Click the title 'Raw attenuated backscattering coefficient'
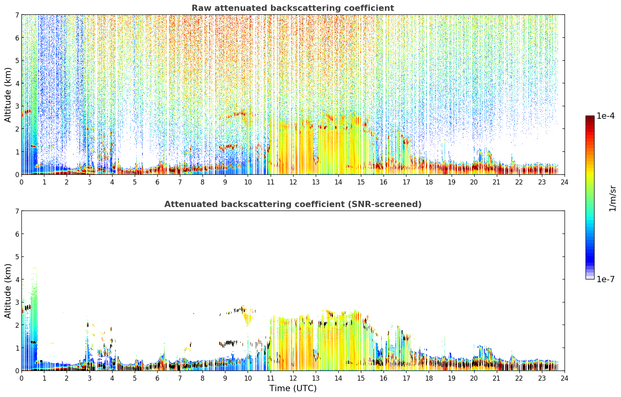(293, 8)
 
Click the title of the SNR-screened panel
(293, 204)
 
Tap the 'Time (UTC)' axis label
(293, 388)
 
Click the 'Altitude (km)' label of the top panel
(8, 95)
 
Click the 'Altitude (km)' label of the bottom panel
(8, 291)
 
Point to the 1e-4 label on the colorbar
(605, 116)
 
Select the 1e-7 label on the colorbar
(605, 279)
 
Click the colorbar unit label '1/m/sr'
(612, 199)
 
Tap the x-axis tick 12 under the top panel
(293, 182)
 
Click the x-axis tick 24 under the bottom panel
(565, 378)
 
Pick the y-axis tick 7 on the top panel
(17, 15)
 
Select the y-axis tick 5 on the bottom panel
(17, 257)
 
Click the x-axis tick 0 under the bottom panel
(22, 378)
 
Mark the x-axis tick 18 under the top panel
(429, 182)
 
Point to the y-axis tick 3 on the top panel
(17, 106)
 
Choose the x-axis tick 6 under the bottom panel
(157, 378)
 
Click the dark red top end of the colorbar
(590, 117)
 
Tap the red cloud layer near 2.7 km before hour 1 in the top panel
(27, 112)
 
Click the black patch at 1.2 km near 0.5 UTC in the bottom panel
(33, 343)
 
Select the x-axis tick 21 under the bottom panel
(496, 378)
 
